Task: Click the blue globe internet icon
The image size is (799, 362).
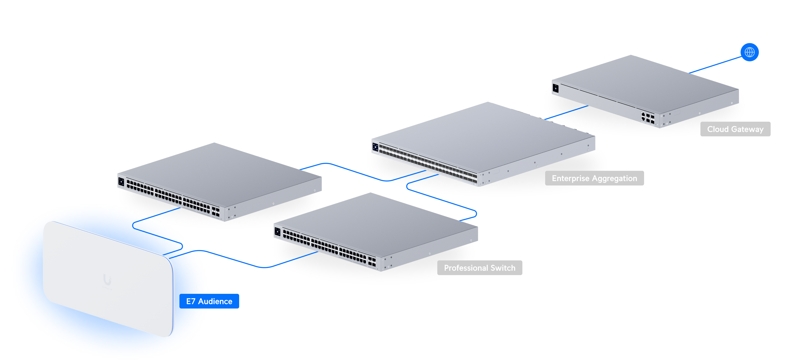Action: click(749, 52)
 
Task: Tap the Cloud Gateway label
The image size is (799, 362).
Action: click(735, 129)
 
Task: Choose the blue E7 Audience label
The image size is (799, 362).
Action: click(209, 301)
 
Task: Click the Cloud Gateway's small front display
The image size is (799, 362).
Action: click(555, 88)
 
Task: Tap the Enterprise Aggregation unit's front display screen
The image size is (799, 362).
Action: click(375, 147)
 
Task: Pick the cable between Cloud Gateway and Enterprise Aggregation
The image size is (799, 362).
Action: click(566, 113)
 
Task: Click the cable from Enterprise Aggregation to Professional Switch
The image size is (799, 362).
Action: click(441, 198)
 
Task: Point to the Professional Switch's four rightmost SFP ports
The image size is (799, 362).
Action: click(372, 261)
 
